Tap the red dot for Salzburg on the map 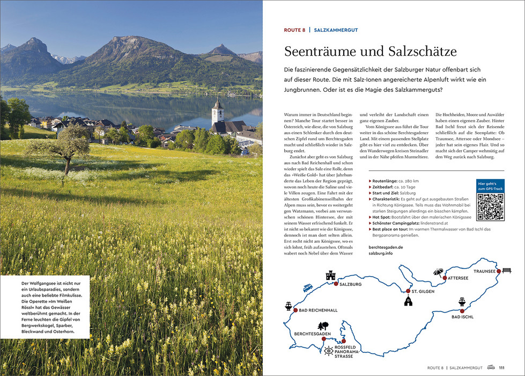(x=336, y=284)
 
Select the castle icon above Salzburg (x=330, y=276)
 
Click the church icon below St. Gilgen (x=408, y=302)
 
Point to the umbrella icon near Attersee (x=439, y=272)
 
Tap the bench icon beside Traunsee (x=506, y=271)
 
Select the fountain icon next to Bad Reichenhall (x=289, y=306)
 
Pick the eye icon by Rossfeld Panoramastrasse (x=328, y=351)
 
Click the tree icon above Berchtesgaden (x=323, y=326)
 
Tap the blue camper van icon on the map (x=308, y=287)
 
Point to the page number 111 (x=501, y=368)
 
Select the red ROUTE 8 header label (x=294, y=30)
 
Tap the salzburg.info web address (x=385, y=253)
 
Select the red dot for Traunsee (x=499, y=272)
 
